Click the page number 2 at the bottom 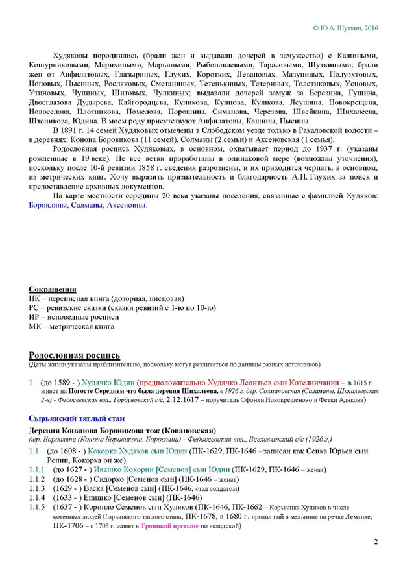(x=375, y=542)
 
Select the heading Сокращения (x=53, y=288)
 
